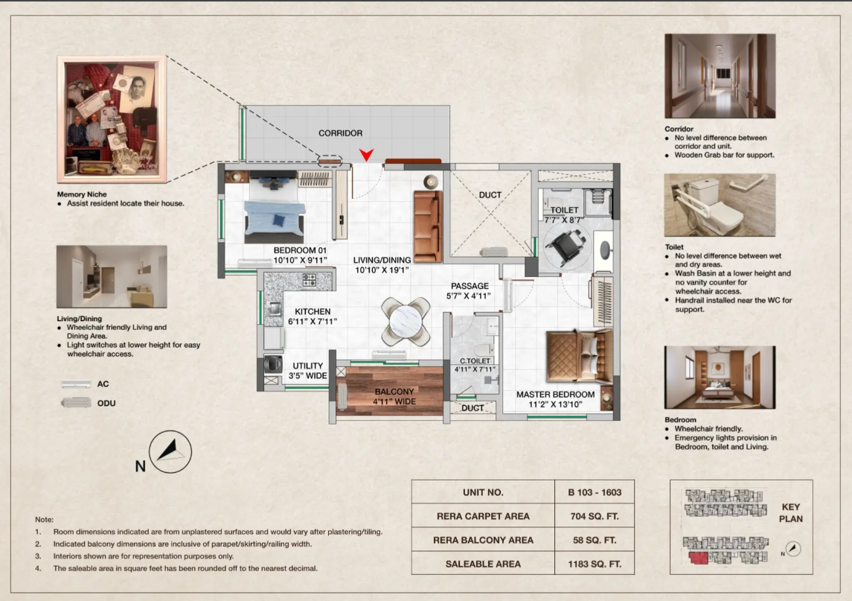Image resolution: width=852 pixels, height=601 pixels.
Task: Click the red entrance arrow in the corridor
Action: [367, 154]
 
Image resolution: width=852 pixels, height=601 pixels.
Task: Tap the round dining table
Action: [406, 321]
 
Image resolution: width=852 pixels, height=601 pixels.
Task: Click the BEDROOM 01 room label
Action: [300, 255]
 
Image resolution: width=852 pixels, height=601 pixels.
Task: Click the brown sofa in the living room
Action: [428, 226]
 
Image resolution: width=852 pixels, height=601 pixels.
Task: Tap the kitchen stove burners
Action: [310, 280]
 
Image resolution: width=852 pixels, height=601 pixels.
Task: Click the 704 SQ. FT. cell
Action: [595, 516]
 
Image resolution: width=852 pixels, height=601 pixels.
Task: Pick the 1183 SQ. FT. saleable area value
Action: [595, 564]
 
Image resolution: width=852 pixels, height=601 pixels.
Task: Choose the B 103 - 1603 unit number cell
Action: [595, 492]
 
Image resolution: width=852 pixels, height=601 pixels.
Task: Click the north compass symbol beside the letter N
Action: [170, 451]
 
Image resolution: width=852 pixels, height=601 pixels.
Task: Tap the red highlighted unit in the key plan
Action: [699, 558]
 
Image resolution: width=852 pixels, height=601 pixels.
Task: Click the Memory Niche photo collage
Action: [112, 118]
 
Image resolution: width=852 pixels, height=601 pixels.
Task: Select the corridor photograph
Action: [720, 76]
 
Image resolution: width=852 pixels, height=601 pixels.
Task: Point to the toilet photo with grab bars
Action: [720, 205]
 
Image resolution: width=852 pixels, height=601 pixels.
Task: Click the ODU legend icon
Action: [76, 403]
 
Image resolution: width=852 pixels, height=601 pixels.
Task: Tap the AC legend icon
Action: [76, 384]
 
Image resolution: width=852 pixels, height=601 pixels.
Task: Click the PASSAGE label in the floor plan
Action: [470, 286]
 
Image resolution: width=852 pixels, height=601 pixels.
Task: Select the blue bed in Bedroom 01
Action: [274, 209]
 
